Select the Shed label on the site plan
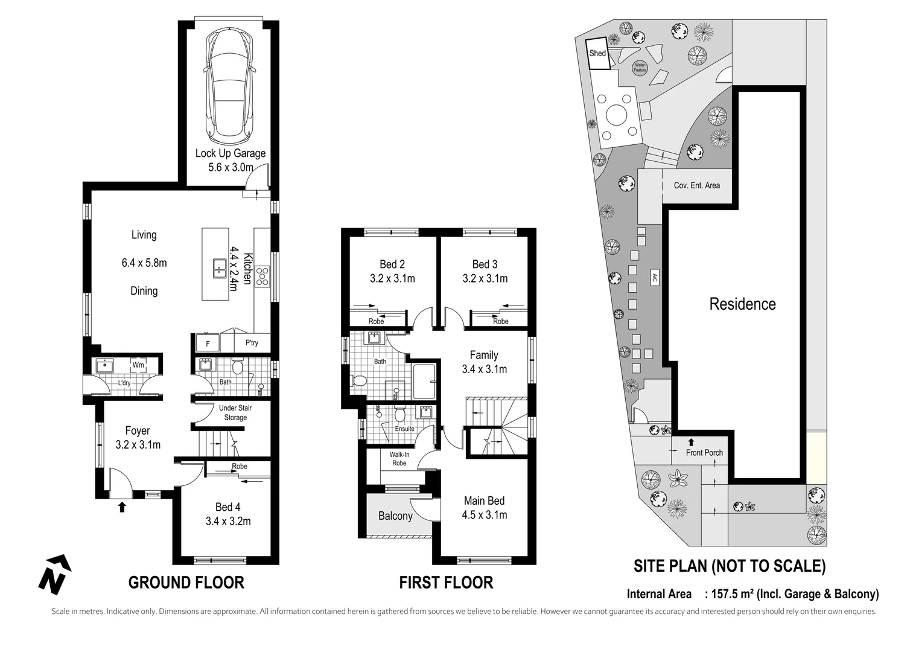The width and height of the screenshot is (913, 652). click(x=597, y=53)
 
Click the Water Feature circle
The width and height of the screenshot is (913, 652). click(x=640, y=68)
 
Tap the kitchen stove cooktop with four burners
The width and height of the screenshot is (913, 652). click(x=263, y=276)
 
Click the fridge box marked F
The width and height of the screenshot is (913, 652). click(x=208, y=344)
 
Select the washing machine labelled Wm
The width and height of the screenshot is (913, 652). click(x=138, y=365)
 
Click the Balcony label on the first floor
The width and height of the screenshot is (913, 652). click(x=395, y=516)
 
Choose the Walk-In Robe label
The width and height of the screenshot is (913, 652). click(x=399, y=459)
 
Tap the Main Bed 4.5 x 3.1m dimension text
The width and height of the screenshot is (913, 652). click(x=484, y=515)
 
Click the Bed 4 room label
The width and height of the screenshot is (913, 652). click(x=228, y=507)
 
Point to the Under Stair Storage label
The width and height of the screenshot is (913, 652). click(x=235, y=413)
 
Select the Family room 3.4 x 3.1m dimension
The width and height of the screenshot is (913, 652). click(x=484, y=369)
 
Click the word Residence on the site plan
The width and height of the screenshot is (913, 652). click(x=742, y=304)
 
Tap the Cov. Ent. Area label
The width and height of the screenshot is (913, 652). click(x=696, y=185)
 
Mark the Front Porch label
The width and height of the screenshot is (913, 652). click(x=704, y=452)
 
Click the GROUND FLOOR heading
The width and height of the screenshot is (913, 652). click(x=186, y=583)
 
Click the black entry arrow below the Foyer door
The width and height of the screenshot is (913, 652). click(x=122, y=507)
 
